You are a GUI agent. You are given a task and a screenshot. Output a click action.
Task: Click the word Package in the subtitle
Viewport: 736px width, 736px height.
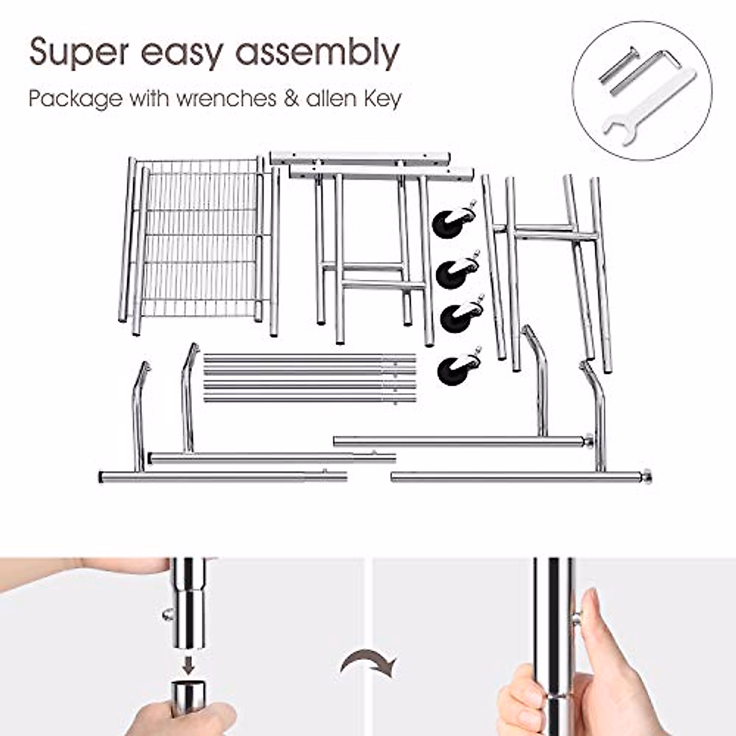75,99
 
